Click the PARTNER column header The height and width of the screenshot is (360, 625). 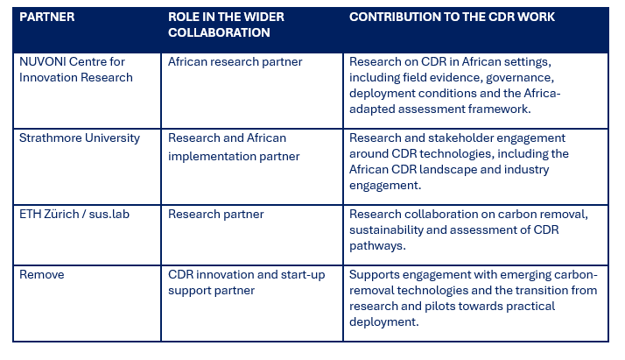tap(47, 17)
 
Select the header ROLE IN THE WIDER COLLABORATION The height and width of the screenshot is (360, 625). tap(226, 25)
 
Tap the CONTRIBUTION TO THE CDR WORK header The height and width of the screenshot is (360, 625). tap(452, 17)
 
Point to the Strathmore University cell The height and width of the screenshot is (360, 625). tap(80, 138)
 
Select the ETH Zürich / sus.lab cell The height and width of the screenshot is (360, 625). tap(74, 214)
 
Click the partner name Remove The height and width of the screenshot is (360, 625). tap(41, 274)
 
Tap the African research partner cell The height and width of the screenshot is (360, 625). tap(235, 62)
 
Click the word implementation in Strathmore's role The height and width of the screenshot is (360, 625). tap(212, 156)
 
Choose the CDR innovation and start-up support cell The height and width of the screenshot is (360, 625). tap(246, 282)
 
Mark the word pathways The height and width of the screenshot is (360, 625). tap(377, 246)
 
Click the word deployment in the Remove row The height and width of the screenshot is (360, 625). tap(384, 322)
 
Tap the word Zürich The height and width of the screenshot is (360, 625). tap(61, 214)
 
